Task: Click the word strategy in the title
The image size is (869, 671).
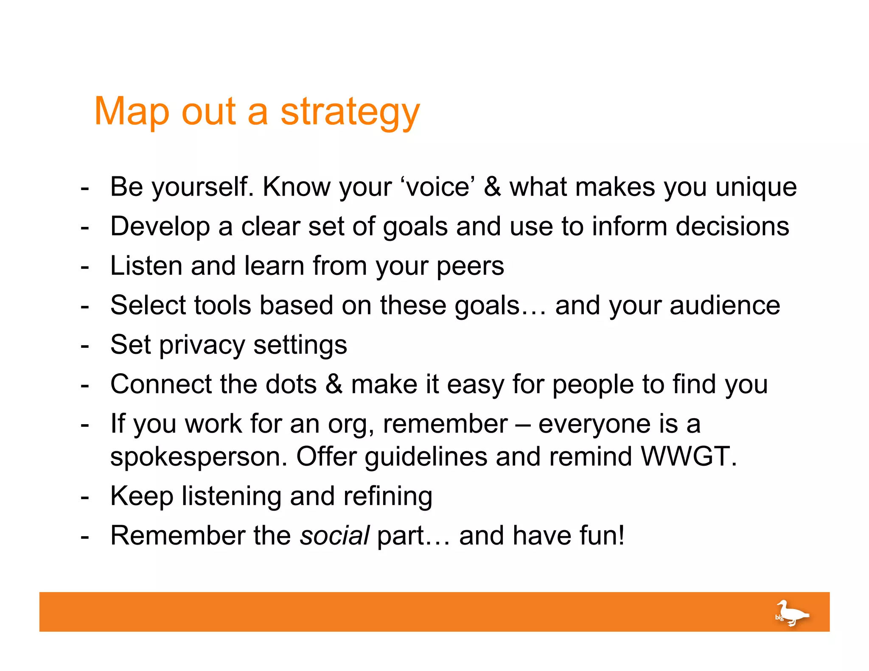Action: coord(350,112)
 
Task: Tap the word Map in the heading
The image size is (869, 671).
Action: coord(132,112)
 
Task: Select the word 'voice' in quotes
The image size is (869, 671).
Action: coord(437,187)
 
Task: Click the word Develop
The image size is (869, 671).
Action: coord(160,226)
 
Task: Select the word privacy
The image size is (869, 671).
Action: coord(202,345)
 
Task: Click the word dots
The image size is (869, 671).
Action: coord(291,384)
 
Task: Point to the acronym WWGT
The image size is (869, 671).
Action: coord(688,456)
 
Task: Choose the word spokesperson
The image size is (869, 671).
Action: coord(199,457)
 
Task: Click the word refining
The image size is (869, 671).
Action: coord(388,496)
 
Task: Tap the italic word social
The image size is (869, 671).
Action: coord(334,535)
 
